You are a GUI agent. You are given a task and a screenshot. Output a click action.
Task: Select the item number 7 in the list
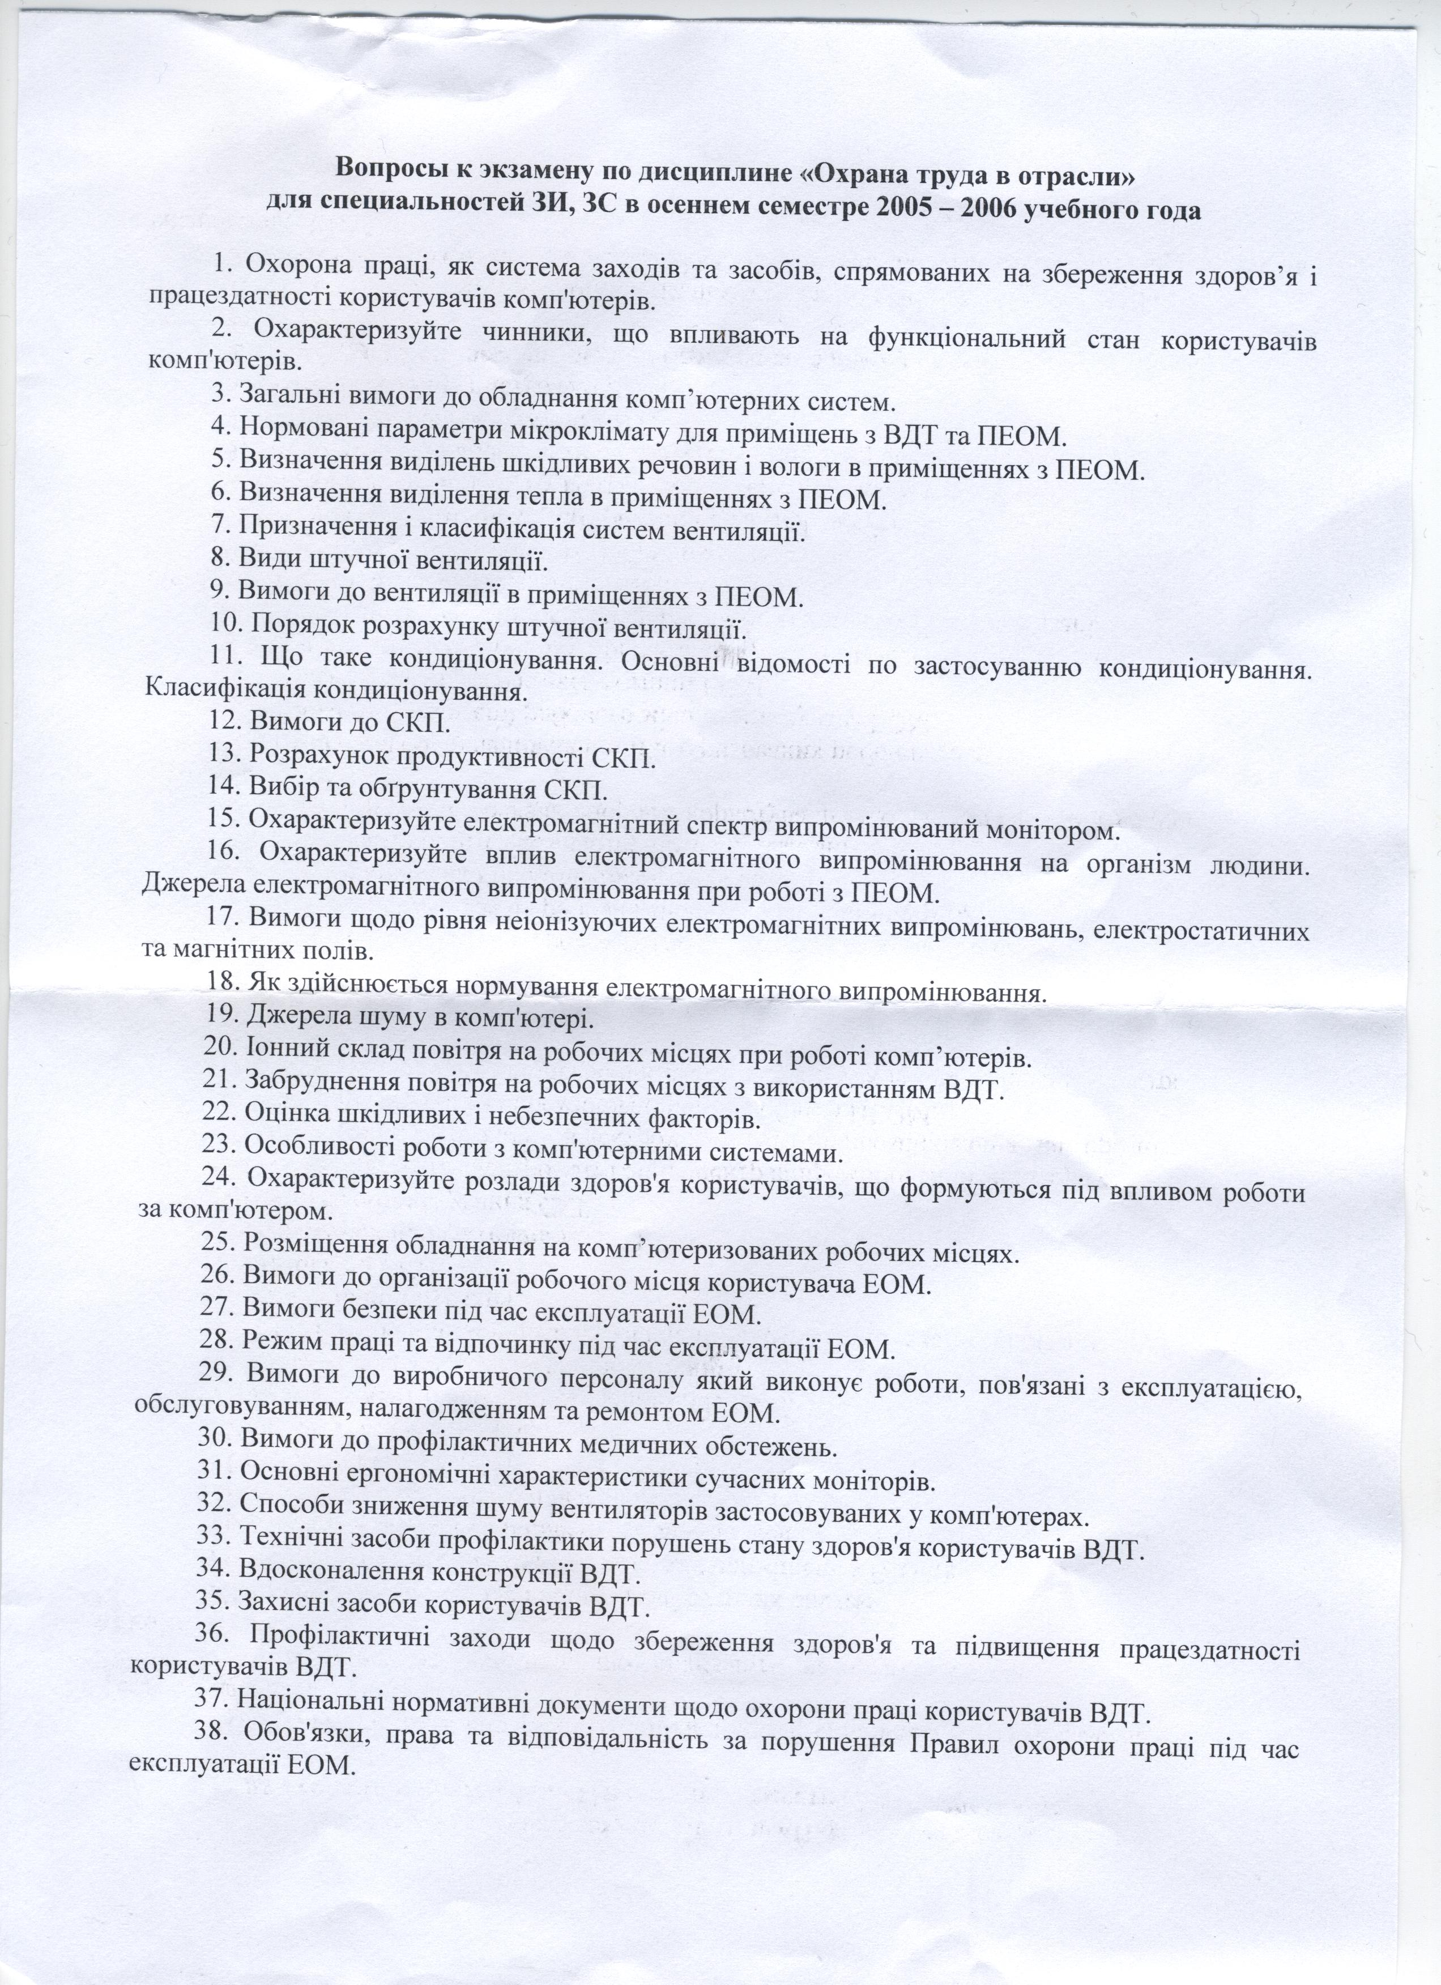click(219, 530)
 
